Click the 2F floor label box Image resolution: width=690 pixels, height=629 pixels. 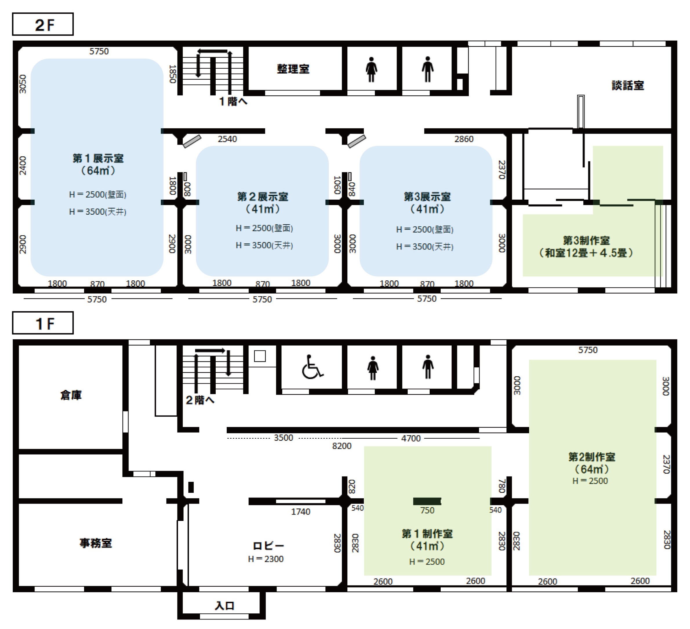pyautogui.click(x=43, y=24)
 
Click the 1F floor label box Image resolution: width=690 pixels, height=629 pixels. pyautogui.click(x=43, y=323)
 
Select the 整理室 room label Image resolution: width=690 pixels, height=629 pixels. pyautogui.click(x=293, y=69)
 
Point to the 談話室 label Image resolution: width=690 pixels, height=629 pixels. pyautogui.click(x=628, y=85)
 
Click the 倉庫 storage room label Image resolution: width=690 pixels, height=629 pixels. pyautogui.click(x=71, y=395)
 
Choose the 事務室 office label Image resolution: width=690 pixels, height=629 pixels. pyautogui.click(x=96, y=543)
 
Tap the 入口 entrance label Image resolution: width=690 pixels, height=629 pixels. pyautogui.click(x=224, y=606)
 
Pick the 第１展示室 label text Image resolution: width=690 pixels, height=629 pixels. pyautogui.click(x=98, y=158)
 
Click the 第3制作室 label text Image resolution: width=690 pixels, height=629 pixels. pyautogui.click(x=586, y=240)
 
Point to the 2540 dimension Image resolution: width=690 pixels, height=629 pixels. pyautogui.click(x=227, y=139)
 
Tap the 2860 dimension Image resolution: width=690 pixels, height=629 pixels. pyautogui.click(x=464, y=139)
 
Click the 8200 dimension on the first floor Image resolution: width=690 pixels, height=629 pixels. pyautogui.click(x=342, y=446)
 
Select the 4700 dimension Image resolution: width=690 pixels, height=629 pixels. pyautogui.click(x=411, y=438)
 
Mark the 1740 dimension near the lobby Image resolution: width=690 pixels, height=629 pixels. pyautogui.click(x=301, y=512)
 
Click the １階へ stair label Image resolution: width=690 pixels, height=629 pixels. pyautogui.click(x=233, y=101)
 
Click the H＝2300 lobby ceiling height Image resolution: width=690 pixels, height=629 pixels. pyautogui.click(x=266, y=559)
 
